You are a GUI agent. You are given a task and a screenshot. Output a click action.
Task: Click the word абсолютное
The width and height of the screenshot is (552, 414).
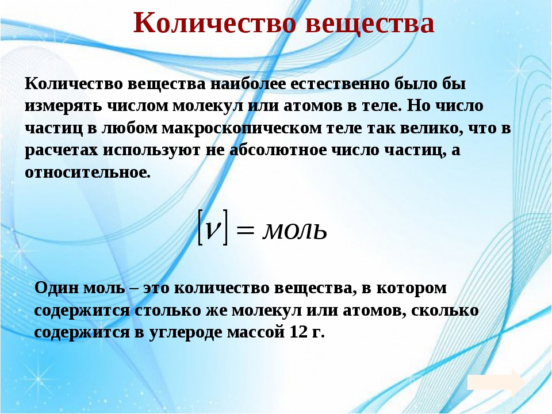278,150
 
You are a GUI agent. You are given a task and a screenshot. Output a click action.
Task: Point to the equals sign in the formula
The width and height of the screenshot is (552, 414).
245,231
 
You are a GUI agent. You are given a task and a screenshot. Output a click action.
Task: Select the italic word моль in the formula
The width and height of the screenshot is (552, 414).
295,231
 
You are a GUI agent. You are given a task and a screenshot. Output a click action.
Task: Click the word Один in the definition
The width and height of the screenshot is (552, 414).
57,288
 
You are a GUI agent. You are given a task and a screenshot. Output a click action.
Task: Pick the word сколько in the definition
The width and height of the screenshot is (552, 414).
444,310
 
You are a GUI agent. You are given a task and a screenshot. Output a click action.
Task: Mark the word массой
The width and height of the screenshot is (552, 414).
255,332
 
